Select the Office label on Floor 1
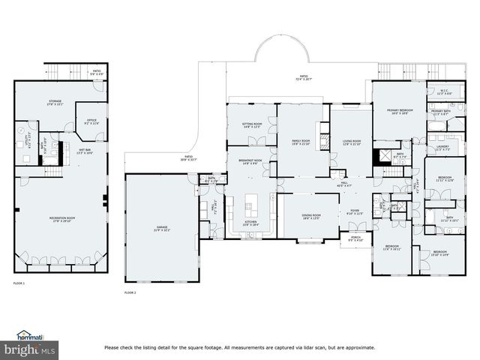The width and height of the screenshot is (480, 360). point(91,121)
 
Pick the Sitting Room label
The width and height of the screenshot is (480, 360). point(251,125)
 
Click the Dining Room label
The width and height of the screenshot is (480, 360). point(311,217)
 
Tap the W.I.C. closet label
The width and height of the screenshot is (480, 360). point(444,92)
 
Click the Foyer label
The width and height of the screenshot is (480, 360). point(355,212)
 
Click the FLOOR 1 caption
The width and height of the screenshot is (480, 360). point(19,283)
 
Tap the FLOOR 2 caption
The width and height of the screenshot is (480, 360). point(130,292)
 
